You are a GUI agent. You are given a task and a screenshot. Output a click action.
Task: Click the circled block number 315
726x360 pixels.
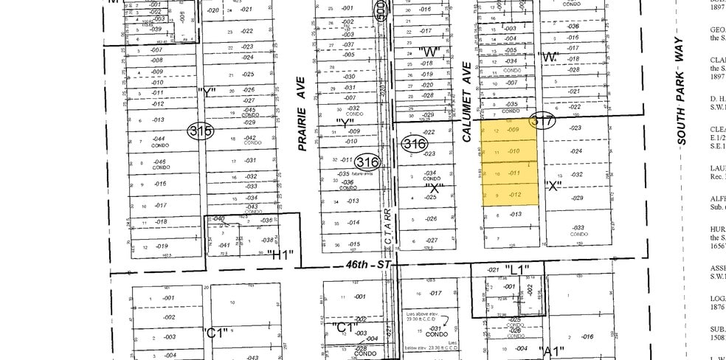coord(200,132)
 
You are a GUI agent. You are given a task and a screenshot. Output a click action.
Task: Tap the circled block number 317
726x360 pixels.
coord(542,122)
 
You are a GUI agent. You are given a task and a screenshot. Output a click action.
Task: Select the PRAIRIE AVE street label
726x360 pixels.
coord(301,114)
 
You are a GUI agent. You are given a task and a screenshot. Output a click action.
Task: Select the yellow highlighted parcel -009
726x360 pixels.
coord(514,129)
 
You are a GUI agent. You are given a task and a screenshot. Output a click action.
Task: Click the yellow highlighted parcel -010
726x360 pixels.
coord(514,150)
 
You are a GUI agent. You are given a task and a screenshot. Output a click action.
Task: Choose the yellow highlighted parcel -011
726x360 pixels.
coord(514,173)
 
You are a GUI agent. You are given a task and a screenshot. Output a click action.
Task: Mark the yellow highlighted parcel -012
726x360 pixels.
coord(514,194)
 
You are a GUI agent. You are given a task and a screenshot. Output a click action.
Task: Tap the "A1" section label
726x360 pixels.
coord(551,350)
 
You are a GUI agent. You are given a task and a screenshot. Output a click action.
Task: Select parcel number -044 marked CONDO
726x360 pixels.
coord(159,141)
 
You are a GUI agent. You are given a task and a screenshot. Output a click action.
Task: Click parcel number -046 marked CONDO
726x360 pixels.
coord(159,163)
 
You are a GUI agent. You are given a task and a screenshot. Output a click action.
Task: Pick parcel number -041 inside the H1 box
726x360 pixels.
coord(224,245)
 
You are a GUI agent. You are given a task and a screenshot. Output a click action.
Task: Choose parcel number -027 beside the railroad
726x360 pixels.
coord(432,240)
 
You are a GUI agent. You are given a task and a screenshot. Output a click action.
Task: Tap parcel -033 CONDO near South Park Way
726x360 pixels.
coord(577,229)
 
